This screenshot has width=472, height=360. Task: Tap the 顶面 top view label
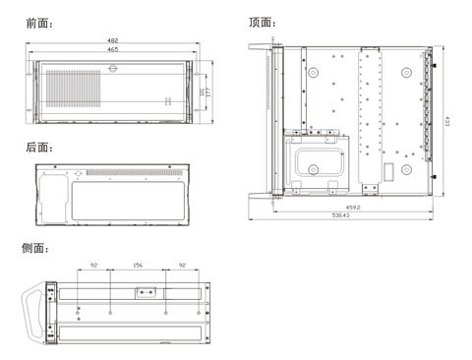pyautogui.click(x=262, y=23)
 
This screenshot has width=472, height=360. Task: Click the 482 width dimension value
pyautogui.click(x=113, y=40)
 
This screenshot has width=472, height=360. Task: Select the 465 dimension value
pyautogui.click(x=113, y=49)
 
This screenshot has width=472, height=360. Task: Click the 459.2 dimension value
pyautogui.click(x=352, y=207)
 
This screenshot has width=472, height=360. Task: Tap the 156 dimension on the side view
pyautogui.click(x=138, y=266)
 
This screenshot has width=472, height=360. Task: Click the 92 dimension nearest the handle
pyautogui.click(x=93, y=266)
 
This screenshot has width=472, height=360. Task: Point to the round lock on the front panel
pyautogui.click(x=113, y=68)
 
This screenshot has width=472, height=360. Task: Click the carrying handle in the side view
pyautogui.click(x=37, y=313)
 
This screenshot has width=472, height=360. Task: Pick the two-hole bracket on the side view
pyautogui.click(x=146, y=292)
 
